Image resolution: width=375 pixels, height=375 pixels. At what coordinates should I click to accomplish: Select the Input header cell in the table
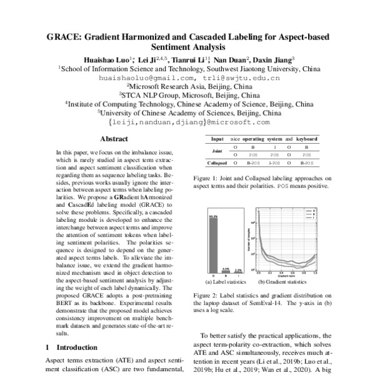point(218,139)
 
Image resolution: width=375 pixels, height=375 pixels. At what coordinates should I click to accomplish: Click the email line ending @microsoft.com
point(188,123)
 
